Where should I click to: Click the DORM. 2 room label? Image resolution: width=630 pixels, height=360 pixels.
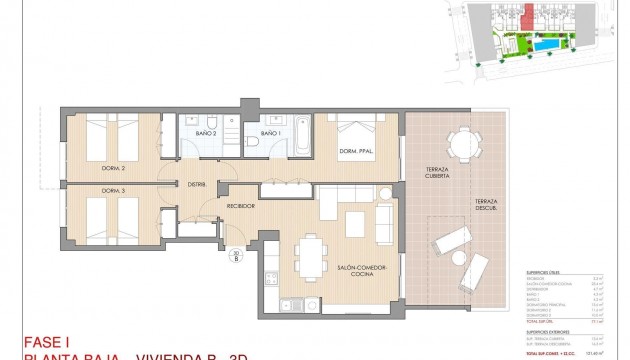click(x=113, y=168)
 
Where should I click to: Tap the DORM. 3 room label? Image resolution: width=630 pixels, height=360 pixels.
click(x=113, y=190)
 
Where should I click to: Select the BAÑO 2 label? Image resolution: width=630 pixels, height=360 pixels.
click(x=207, y=132)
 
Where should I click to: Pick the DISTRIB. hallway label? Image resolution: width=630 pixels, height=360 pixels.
click(x=195, y=183)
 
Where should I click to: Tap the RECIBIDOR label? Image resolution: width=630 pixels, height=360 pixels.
click(x=241, y=206)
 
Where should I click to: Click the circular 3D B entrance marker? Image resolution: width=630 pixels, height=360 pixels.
click(x=236, y=254)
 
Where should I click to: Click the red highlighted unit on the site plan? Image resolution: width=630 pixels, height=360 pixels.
click(x=524, y=18)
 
